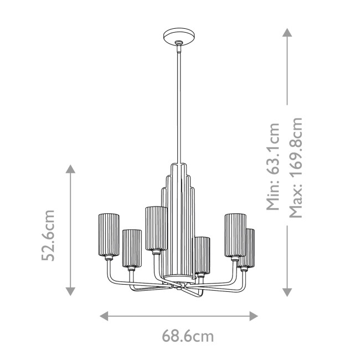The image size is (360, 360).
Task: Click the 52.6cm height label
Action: pos(50,235)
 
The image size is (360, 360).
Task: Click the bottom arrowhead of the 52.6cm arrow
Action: pos(70,291)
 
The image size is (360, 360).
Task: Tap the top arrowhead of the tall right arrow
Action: pos(287,33)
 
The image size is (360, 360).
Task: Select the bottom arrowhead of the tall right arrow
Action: pos(287,291)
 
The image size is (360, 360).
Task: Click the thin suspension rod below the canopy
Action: pos(179,105)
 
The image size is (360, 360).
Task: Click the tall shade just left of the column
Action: pos(156,228)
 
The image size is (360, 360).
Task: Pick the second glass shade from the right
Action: pos(235,234)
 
